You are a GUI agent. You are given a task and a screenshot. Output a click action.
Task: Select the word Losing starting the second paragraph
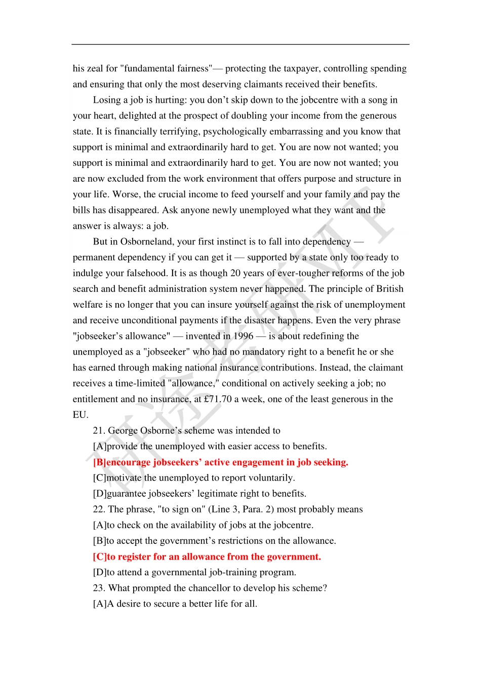pos(107,100)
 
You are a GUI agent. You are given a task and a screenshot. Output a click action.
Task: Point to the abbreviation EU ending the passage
pos(79,415)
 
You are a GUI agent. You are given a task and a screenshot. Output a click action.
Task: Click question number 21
pos(99,431)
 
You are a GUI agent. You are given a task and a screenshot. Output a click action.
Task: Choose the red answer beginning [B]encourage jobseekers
pos(220,462)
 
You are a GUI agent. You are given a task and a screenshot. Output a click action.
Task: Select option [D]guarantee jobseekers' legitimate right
pos(199,494)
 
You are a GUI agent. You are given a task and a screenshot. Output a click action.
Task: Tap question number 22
pos(99,509)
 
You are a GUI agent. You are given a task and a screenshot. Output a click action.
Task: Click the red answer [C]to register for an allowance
pos(207,557)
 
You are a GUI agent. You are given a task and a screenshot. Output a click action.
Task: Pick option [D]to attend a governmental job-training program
pos(194,573)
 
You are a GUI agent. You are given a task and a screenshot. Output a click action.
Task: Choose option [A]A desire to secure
pos(175,604)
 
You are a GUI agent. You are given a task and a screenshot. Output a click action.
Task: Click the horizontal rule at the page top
pos(240,45)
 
